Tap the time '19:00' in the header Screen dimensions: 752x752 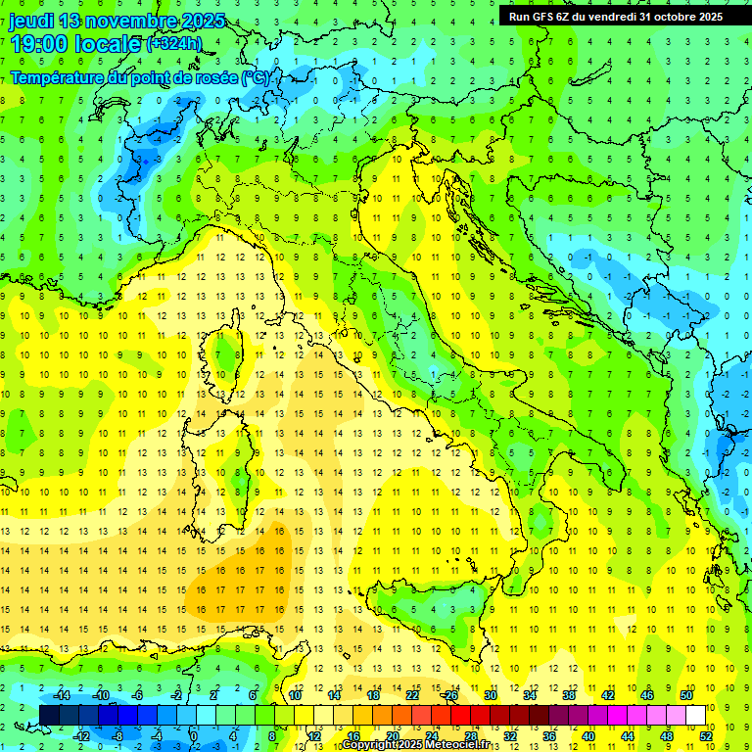(x=45, y=42)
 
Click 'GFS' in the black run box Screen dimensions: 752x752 (x=541, y=17)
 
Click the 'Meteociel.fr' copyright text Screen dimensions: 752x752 (x=451, y=745)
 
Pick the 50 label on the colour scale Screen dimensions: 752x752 (x=686, y=694)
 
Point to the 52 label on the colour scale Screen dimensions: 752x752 (x=706, y=735)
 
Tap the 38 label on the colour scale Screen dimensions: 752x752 (x=569, y=694)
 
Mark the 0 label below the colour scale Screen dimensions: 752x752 (x=193, y=735)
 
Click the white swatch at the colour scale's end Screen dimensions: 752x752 (x=696, y=715)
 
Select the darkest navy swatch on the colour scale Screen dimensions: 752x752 (x=49, y=715)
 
